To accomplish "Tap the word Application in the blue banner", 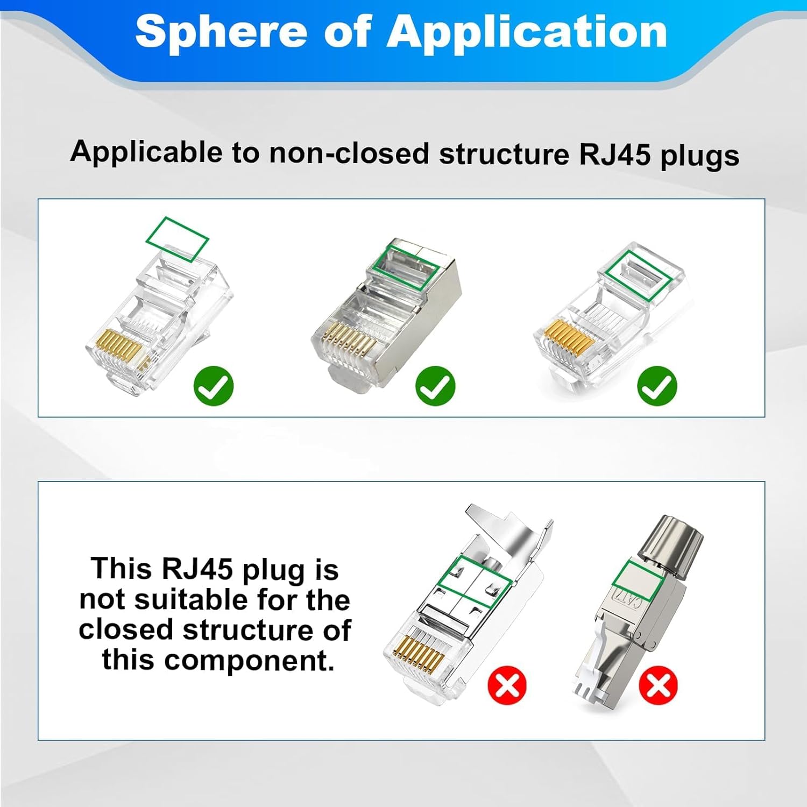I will tap(527, 32).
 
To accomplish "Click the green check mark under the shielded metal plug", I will tap(435, 386).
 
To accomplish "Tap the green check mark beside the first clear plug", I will tap(214, 386).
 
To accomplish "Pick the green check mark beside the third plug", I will tap(657, 386).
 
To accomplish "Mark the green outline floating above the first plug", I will tap(178, 239).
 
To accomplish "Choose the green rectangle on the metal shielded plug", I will tap(403, 266).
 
